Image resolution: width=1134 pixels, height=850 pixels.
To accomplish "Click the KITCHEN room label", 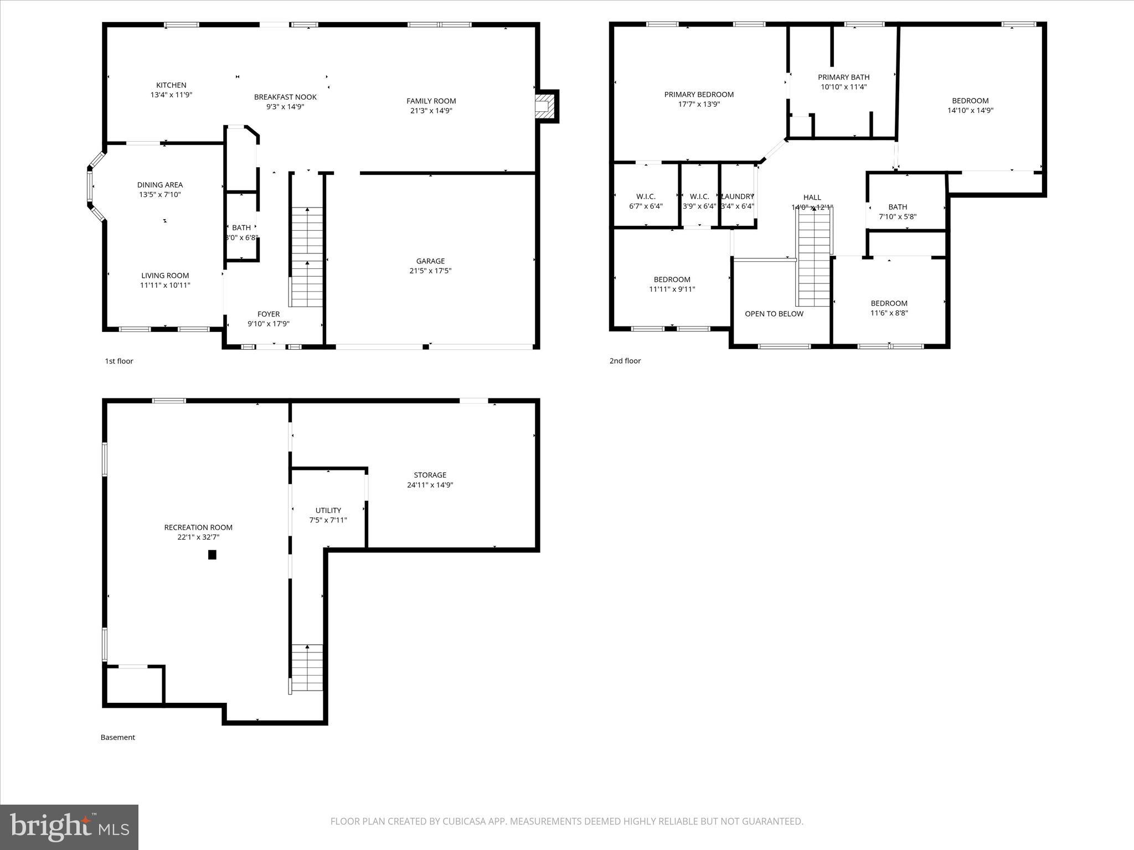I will tap(171, 85).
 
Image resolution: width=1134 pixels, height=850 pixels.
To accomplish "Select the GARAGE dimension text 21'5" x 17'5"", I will tap(430, 271).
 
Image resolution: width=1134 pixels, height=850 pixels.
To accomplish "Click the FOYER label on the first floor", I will tap(269, 314).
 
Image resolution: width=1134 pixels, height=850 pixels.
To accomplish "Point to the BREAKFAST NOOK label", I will tap(285, 97).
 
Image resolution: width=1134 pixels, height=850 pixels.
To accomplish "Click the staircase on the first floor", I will tap(307, 257).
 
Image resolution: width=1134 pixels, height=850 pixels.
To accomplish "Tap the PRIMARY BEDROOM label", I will tap(699, 95).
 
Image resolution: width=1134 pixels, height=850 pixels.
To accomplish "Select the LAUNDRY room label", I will tap(738, 196).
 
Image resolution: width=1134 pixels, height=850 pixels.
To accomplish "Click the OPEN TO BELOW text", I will tap(774, 314).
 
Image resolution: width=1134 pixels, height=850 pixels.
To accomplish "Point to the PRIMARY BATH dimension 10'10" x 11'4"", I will tap(843, 87).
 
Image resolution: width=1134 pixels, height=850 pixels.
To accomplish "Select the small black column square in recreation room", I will tap(212, 554).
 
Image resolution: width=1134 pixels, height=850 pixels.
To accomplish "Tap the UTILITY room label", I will tap(328, 510).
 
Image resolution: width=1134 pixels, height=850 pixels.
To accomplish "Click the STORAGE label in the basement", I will tap(430, 475).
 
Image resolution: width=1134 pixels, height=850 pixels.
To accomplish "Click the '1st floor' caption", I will tap(119, 361).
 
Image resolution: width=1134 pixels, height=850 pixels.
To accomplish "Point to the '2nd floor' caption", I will tap(625, 361).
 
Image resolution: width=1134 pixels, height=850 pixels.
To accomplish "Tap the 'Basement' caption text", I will tap(117, 737).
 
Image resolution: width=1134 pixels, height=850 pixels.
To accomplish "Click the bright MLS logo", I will tap(69, 827).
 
